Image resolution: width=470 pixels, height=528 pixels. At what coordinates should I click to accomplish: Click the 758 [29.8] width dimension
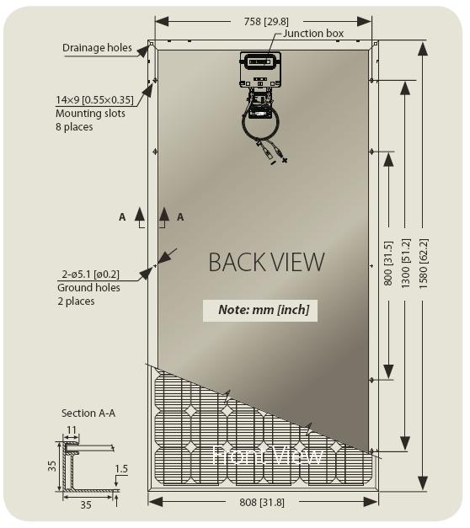[x=266, y=22]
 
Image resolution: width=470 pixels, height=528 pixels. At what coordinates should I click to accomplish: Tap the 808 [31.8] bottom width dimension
[x=262, y=503]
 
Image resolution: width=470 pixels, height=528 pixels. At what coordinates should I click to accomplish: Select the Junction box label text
[x=313, y=34]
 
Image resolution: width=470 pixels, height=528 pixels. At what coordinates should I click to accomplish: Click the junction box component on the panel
[x=260, y=70]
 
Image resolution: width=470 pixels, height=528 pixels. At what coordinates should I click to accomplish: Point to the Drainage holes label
[x=97, y=48]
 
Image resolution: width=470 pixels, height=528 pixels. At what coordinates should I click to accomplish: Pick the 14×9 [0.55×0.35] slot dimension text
[x=94, y=100]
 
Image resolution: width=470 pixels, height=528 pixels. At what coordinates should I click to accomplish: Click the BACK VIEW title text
[x=266, y=262]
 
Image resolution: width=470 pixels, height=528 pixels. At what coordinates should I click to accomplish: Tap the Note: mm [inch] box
[x=260, y=310]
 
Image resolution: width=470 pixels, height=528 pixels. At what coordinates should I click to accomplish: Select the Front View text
[x=268, y=455]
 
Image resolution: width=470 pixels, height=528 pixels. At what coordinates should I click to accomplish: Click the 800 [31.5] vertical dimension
[x=388, y=263]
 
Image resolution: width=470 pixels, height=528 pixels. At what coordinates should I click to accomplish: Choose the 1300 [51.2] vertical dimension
[x=405, y=263]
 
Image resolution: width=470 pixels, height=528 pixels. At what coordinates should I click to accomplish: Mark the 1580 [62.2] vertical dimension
[x=423, y=263]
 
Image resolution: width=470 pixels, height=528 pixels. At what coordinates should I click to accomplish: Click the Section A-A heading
[x=88, y=413]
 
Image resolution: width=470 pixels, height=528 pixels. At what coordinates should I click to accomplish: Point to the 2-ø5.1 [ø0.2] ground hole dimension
[x=90, y=275]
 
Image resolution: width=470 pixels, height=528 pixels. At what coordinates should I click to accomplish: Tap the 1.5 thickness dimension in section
[x=121, y=469]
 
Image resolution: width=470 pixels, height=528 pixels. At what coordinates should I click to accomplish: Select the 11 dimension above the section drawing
[x=72, y=430]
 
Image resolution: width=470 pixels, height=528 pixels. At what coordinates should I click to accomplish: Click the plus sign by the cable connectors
[x=285, y=160]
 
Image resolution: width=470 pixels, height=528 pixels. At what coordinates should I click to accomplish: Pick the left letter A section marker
[x=122, y=217]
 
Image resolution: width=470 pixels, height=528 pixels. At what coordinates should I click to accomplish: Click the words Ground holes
[x=88, y=288]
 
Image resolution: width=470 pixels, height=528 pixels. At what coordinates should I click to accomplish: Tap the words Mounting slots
[x=90, y=114]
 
